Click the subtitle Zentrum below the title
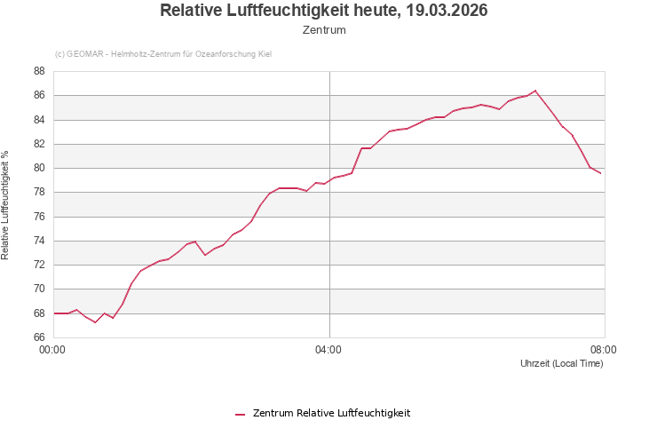point(324,30)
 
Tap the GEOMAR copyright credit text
point(163,54)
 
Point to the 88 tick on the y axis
point(39,71)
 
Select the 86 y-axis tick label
point(39,95)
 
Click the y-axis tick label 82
point(39,144)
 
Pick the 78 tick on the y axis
point(39,192)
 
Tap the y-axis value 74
point(39,241)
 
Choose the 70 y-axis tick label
point(39,289)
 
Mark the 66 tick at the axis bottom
point(39,337)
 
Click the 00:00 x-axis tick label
point(54,350)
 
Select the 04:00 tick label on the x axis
point(328,350)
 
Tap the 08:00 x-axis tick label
point(603,350)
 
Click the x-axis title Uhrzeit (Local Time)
point(561,364)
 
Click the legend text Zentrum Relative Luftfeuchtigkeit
point(331,413)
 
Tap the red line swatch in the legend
point(240,414)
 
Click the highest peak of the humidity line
point(535,91)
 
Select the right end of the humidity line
point(600,173)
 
